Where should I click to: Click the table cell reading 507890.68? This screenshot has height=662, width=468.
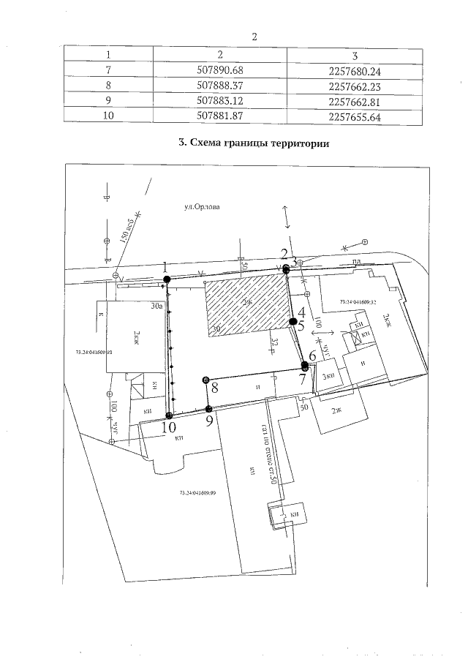pos(220,72)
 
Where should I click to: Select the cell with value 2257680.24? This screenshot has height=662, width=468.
pos(356,72)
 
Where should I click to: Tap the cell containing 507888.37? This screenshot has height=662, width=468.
pos(220,86)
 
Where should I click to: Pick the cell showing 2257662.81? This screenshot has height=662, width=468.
pos(356,101)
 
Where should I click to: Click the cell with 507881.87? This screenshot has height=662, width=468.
pos(220,116)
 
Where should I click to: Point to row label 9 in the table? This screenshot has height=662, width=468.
pos(108,101)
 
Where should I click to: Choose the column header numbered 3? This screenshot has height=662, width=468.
pos(355,56)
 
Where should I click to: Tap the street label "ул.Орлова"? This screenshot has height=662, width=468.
pos(203,208)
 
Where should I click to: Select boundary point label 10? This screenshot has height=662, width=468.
pos(168,426)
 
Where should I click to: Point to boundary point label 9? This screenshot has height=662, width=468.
pos(210,421)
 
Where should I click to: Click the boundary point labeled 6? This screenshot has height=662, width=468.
pos(312,356)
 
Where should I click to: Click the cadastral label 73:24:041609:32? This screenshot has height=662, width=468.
pos(358,301)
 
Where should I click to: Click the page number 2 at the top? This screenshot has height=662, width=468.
pos(254,36)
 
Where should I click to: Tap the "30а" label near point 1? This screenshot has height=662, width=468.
pos(156,306)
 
